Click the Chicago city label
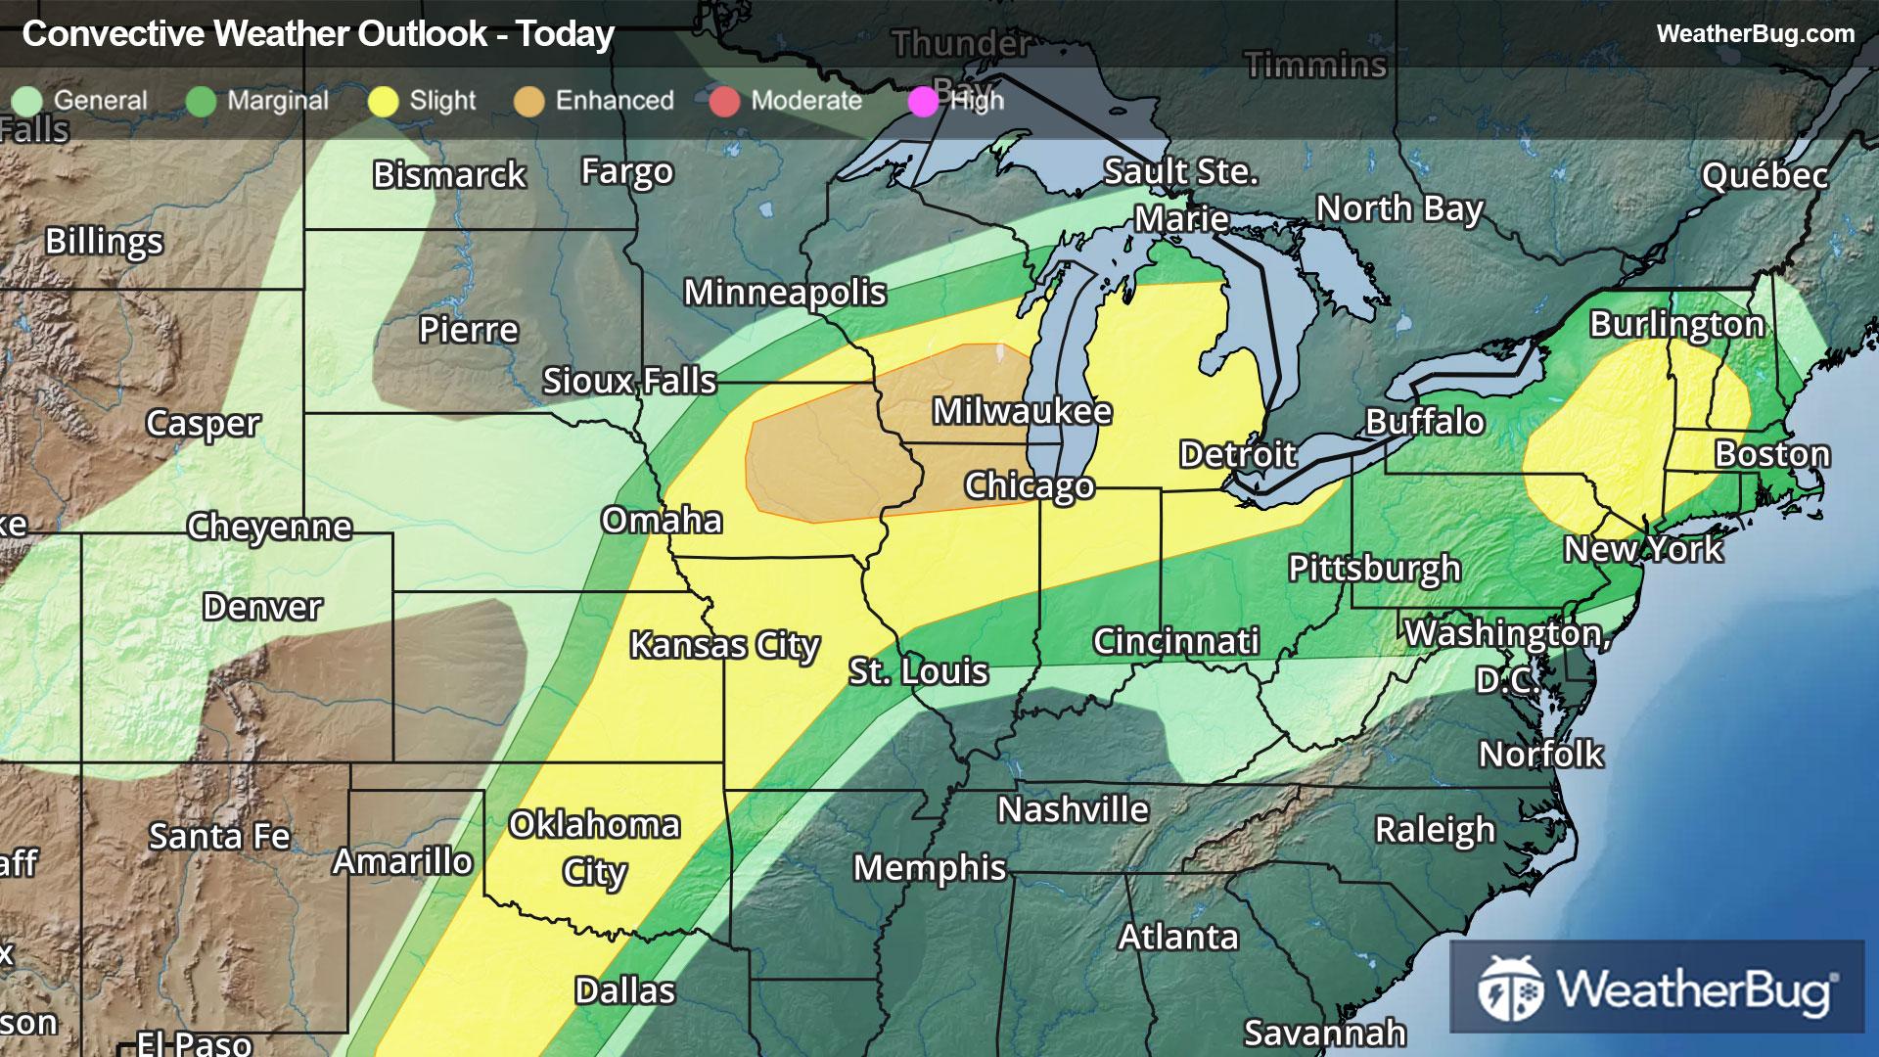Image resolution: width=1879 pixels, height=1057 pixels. [1029, 485]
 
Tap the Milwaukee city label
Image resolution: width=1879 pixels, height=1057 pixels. [1022, 411]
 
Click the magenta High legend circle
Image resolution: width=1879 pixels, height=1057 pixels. [923, 102]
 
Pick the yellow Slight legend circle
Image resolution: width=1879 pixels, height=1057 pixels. [384, 102]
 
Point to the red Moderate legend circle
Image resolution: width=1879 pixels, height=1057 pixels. [724, 102]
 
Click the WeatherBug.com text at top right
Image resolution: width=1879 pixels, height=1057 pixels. [1755, 33]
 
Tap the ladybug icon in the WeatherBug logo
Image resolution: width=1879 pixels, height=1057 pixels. [1510, 989]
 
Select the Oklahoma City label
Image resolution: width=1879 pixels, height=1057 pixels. [594, 848]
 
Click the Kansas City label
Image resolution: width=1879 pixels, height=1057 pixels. [724, 645]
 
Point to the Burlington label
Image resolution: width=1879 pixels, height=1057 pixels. [1676, 324]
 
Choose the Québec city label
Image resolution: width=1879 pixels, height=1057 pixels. [1764, 176]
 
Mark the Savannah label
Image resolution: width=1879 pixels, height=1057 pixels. [1324, 1033]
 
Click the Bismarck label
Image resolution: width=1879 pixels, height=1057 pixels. [449, 175]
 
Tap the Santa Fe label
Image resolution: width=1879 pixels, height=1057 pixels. [219, 837]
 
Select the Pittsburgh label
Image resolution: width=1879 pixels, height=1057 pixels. [1374, 568]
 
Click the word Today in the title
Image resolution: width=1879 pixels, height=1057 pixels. [565, 34]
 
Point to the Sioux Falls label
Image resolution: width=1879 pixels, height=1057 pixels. [629, 381]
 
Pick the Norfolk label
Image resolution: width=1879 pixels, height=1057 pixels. [1540, 754]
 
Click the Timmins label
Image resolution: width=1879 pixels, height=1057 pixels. [1315, 66]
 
